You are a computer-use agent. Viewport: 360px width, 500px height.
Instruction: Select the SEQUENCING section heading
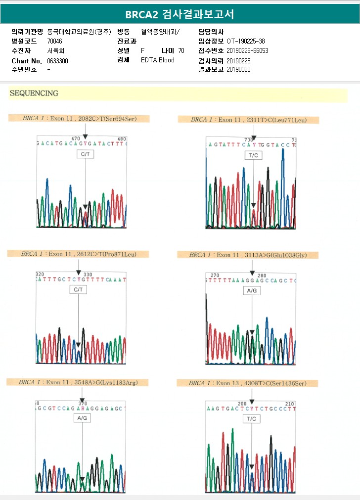(x=34, y=93)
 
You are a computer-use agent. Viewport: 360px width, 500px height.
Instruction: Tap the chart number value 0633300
(x=58, y=60)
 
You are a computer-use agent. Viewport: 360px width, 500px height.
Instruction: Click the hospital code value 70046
(x=55, y=41)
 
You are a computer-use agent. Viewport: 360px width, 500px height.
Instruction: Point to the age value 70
(x=181, y=50)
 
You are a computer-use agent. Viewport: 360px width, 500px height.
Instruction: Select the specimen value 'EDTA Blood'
(x=158, y=60)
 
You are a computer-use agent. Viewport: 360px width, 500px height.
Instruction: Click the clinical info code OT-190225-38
(x=245, y=41)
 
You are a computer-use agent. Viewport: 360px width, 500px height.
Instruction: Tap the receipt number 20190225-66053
(x=247, y=50)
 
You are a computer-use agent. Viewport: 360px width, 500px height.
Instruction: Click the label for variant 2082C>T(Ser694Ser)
(x=79, y=118)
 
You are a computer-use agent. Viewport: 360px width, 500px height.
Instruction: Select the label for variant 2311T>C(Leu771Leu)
(x=248, y=120)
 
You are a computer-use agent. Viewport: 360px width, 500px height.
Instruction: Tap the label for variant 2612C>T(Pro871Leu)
(x=78, y=254)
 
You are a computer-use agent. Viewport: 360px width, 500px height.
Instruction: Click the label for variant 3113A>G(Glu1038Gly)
(x=248, y=255)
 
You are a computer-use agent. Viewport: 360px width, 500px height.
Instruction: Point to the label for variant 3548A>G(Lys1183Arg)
(x=77, y=382)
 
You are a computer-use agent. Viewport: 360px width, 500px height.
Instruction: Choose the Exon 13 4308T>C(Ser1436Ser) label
(x=247, y=383)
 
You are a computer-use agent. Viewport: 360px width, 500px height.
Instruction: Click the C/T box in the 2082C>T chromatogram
(x=85, y=154)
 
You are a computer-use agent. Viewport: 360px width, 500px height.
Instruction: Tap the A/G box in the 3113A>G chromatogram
(x=252, y=291)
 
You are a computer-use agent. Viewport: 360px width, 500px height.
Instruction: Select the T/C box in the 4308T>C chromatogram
(x=252, y=419)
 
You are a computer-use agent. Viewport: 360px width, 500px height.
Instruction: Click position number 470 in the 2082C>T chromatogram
(x=76, y=139)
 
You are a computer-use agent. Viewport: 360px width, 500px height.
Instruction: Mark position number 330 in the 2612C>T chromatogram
(x=88, y=274)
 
